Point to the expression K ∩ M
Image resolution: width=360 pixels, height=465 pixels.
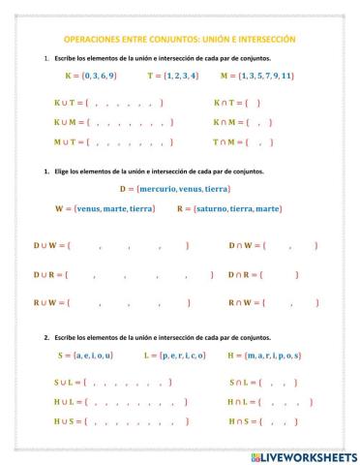[226, 122]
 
